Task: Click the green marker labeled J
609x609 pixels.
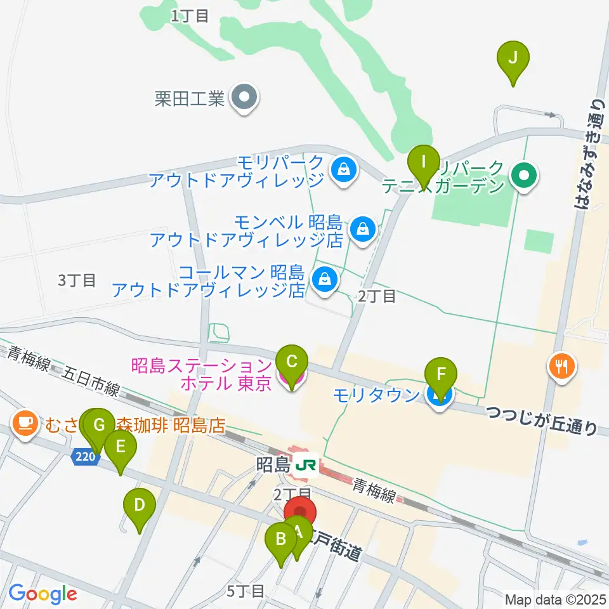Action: click(513, 58)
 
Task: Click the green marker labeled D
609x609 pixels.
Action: click(140, 506)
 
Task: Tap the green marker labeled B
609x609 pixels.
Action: click(280, 540)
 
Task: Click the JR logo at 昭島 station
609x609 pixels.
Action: click(306, 465)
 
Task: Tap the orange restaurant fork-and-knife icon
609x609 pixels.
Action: click(562, 365)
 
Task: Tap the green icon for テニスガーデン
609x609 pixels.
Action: click(525, 173)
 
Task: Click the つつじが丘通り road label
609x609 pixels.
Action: click(542, 421)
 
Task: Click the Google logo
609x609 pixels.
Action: click(43, 594)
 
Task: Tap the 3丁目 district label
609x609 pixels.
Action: click(77, 280)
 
